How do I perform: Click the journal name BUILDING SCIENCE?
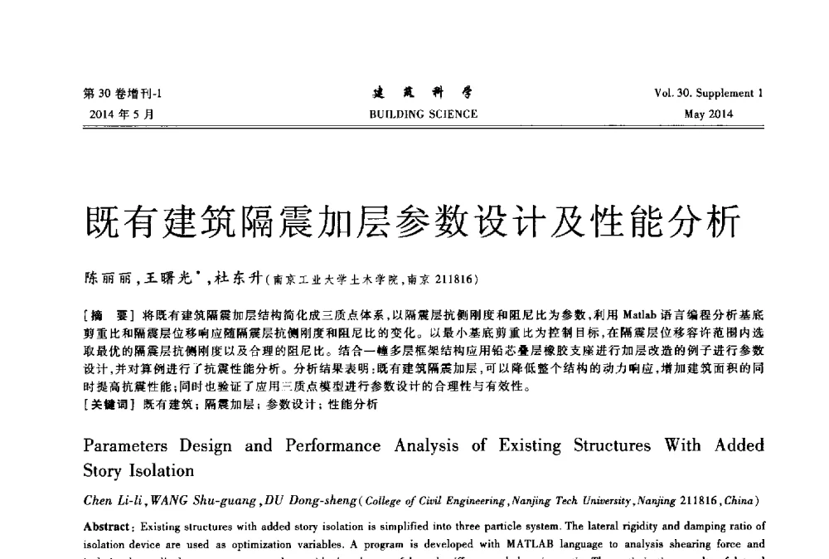tap(423, 114)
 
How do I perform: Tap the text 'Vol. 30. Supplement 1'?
tap(708, 93)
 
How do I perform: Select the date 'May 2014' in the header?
tap(709, 114)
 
